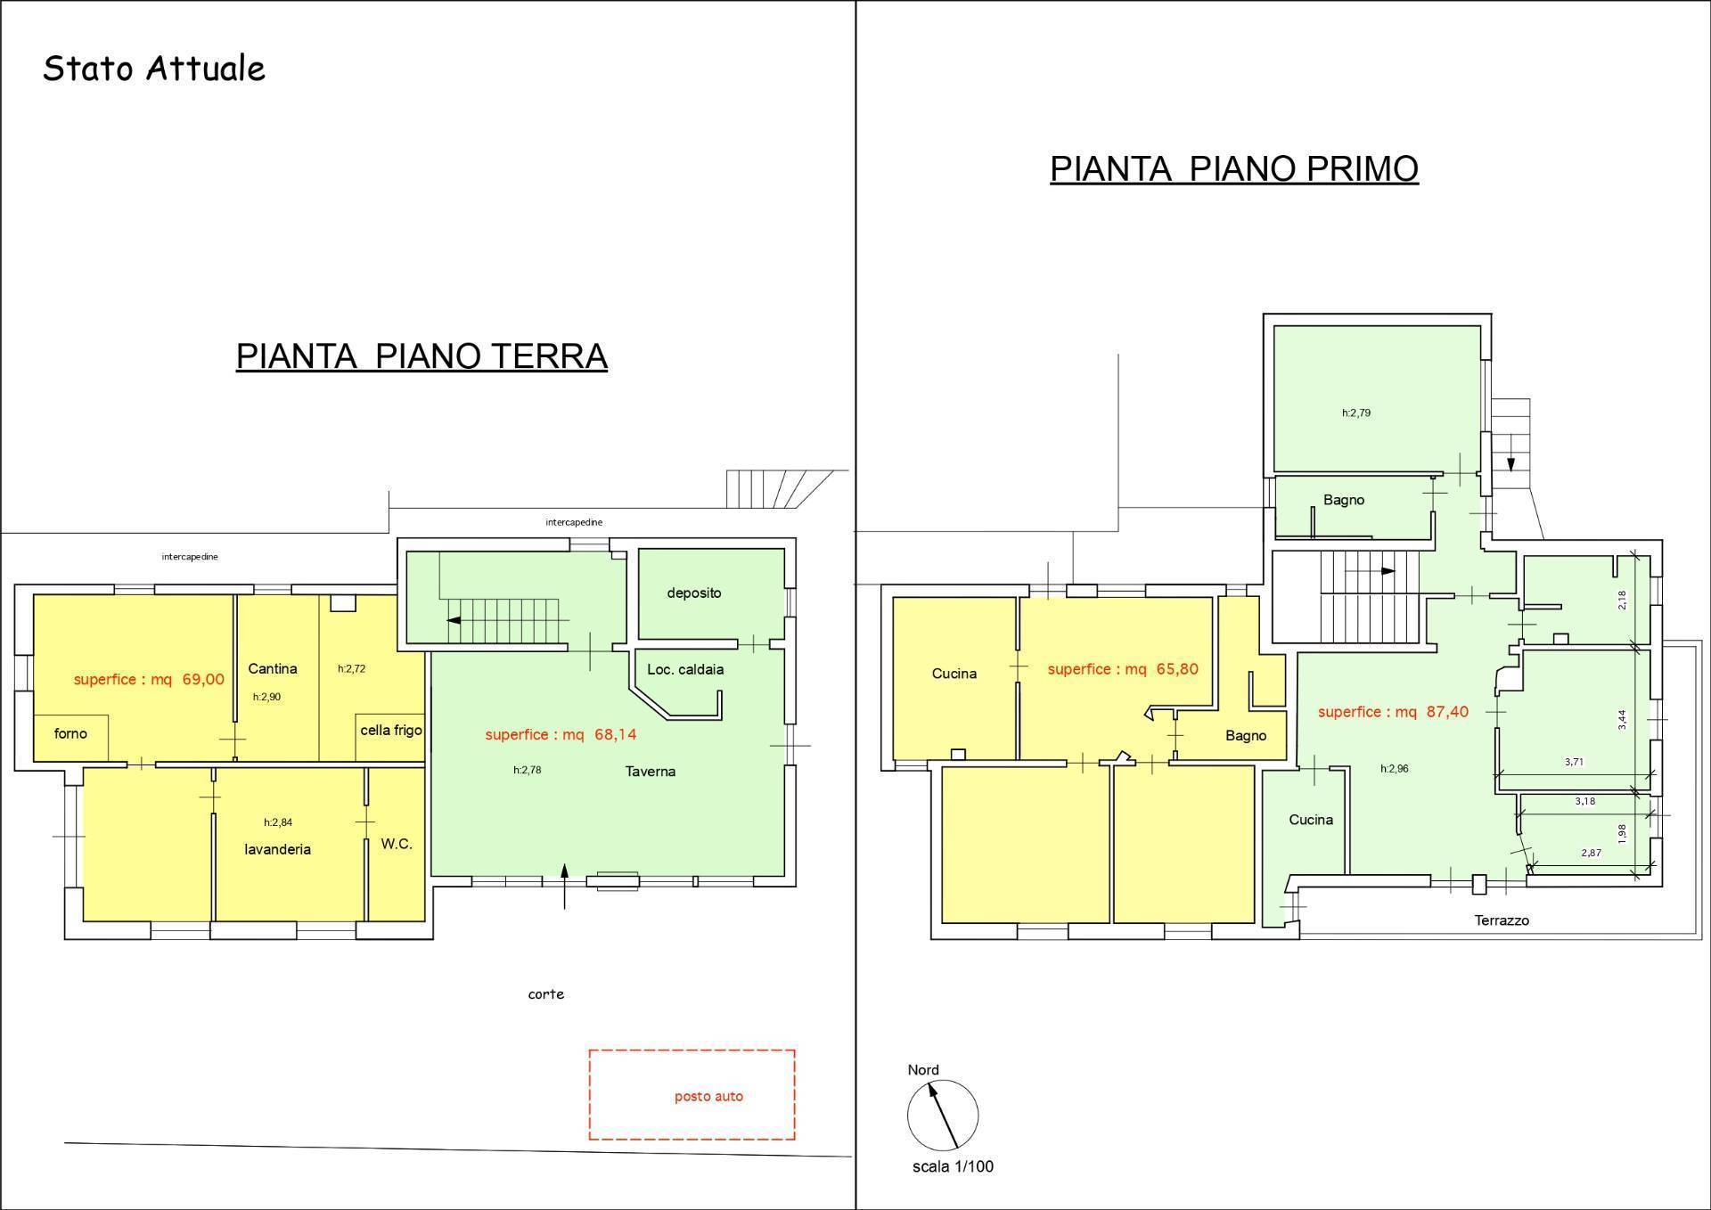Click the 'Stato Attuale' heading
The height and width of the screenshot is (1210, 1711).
point(154,69)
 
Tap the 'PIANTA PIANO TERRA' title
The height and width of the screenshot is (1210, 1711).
point(422,356)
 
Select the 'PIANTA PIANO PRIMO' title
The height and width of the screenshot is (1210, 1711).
point(1234,168)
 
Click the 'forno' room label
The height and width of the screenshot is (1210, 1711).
point(70,733)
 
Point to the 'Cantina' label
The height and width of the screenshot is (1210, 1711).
point(273,668)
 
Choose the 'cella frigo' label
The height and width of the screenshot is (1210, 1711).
point(391,730)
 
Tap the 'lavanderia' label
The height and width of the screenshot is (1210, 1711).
point(278,849)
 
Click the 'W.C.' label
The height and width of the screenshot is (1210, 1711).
point(397,843)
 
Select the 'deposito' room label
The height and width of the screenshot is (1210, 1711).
point(694,593)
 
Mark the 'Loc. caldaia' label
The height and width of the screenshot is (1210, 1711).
point(685,669)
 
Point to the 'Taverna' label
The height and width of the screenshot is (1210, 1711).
point(651,772)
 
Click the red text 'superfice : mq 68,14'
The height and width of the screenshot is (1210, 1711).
point(561,734)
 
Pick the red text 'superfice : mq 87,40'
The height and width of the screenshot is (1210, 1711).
point(1393,712)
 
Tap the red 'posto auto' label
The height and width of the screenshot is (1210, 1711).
point(708,1097)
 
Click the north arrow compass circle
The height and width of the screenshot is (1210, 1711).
point(943,1116)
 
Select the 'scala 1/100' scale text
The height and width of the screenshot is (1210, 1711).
point(953,1166)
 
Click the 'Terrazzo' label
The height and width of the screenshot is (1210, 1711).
point(1502,920)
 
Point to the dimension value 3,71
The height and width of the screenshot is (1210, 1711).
point(1574,762)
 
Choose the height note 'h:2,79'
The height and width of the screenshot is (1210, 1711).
point(1356,413)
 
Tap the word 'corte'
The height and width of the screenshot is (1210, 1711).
point(545,994)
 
